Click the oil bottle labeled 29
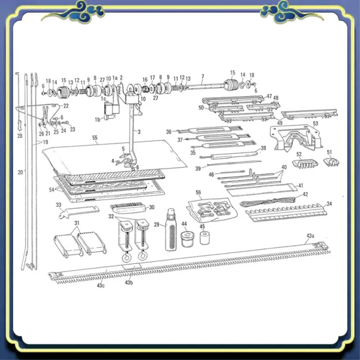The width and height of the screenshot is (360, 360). [171, 232]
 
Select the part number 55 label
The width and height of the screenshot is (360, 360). [95, 137]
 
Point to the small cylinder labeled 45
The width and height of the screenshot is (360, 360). [205, 238]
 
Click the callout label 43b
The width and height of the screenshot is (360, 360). [129, 282]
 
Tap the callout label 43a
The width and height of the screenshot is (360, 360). [310, 236]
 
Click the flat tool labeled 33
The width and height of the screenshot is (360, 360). [77, 212]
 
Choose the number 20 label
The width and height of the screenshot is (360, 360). [20, 172]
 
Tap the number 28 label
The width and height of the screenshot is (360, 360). [19, 136]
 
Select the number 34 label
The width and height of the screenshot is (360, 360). [329, 204]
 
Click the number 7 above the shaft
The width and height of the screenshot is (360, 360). [202, 77]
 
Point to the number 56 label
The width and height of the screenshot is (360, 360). [199, 192]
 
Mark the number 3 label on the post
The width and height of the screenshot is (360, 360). [138, 132]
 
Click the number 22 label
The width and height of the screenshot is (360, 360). [66, 106]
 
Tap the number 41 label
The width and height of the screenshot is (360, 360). [301, 186]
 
